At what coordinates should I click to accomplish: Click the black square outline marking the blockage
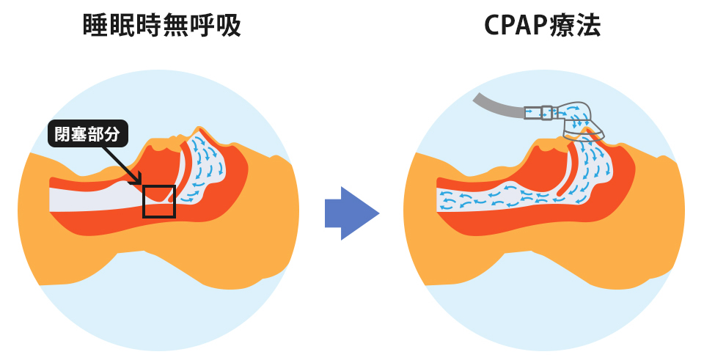point(159,201)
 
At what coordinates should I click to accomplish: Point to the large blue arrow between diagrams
point(351,213)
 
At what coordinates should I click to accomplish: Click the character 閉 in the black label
point(62,134)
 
